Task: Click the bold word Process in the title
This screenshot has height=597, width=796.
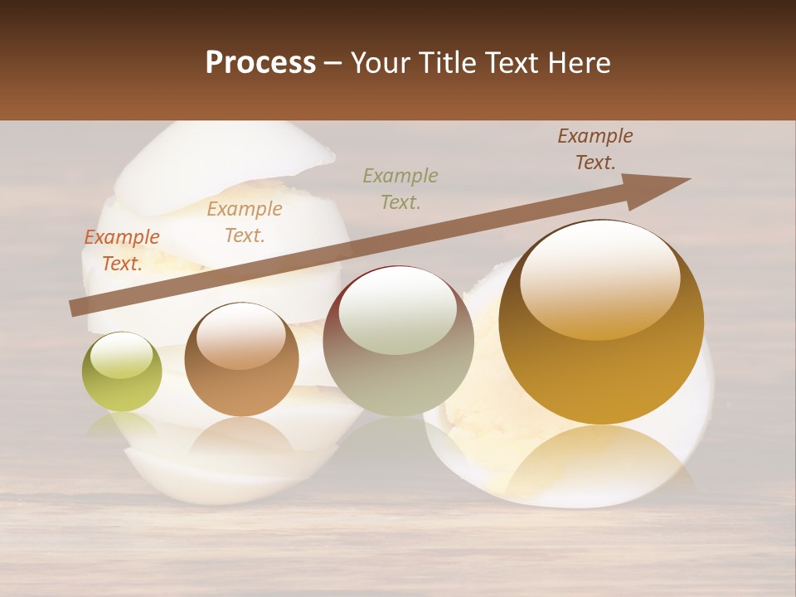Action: point(260,62)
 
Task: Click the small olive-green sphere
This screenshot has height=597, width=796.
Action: point(122,372)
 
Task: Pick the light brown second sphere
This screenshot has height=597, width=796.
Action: point(241,359)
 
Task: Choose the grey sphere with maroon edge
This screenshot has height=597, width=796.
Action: point(398,341)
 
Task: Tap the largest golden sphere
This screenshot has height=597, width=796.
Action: point(601,322)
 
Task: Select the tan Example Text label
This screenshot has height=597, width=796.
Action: point(244,222)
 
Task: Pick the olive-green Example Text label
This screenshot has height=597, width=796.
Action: point(400,188)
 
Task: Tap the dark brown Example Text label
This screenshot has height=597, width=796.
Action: point(595,148)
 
